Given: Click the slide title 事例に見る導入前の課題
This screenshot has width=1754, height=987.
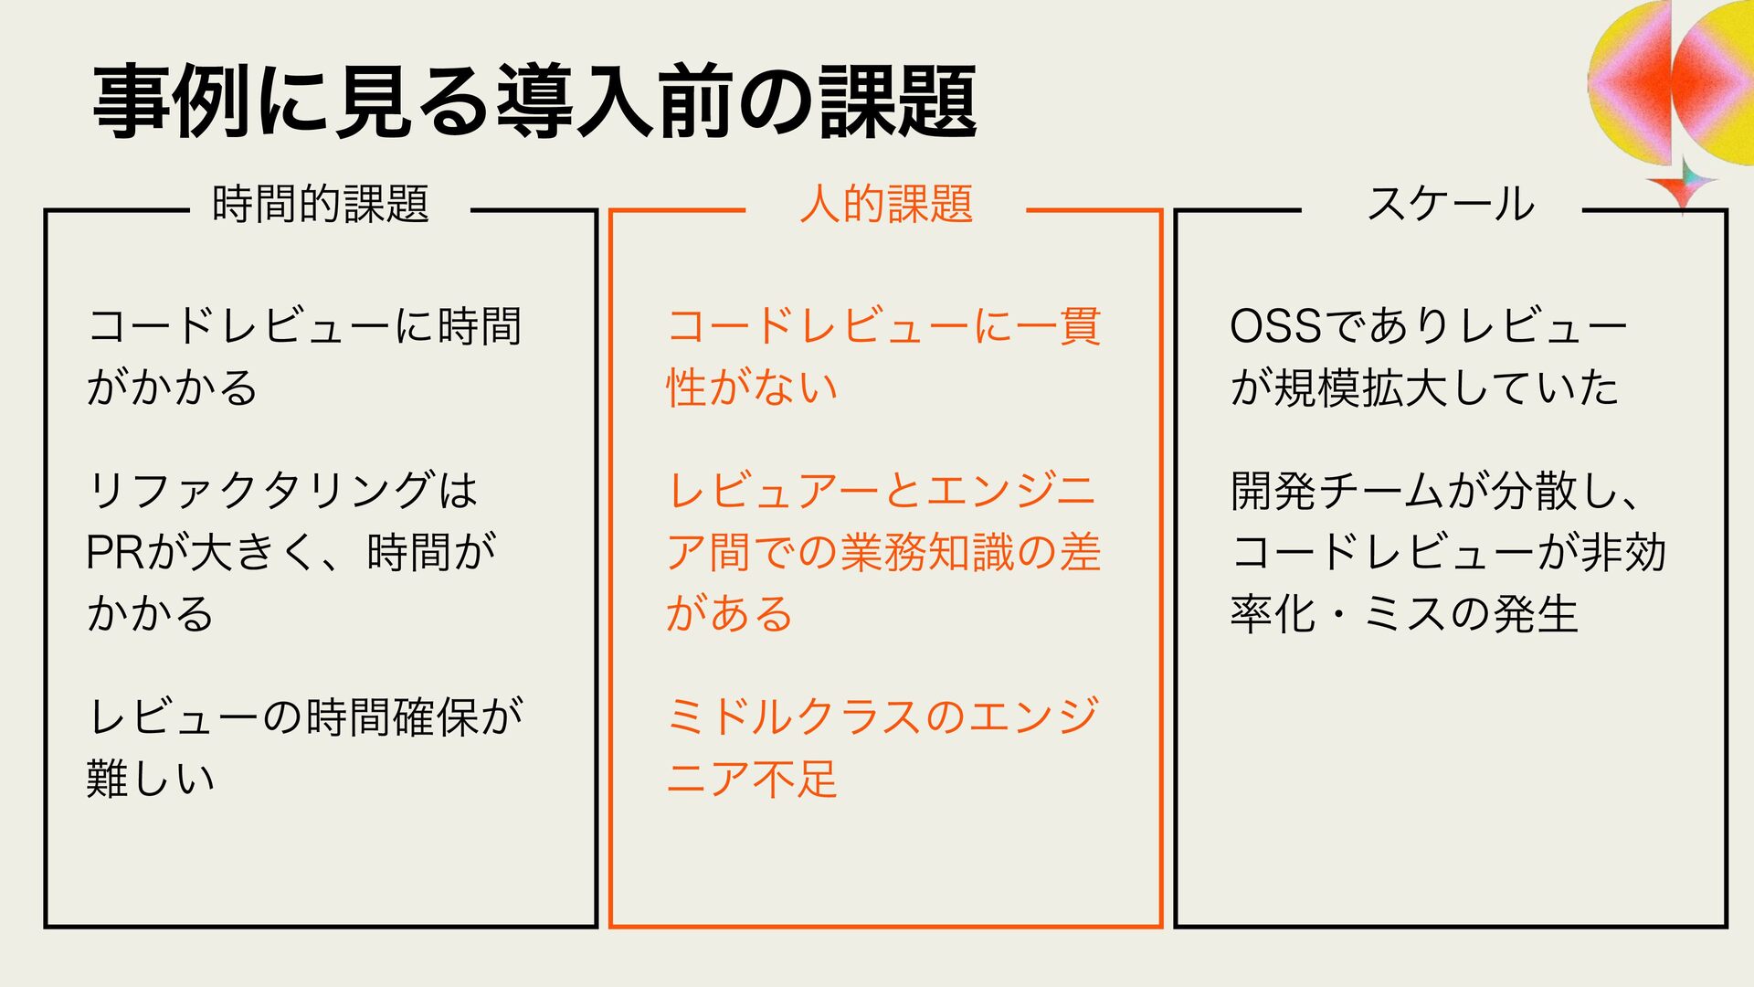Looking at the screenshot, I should (535, 102).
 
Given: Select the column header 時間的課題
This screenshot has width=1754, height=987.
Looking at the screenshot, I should (321, 203).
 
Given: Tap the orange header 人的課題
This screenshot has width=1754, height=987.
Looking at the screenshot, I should (885, 203).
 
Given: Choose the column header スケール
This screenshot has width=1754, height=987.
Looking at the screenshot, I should (1450, 203).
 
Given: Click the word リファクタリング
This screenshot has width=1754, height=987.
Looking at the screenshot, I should (259, 491).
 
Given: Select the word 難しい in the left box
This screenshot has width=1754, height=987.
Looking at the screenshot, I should (151, 778).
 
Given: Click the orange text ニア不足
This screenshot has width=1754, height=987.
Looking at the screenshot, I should (752, 778).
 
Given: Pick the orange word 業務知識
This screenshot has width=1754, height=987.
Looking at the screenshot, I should (926, 552).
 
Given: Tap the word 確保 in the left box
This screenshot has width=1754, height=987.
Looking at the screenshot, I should (437, 716).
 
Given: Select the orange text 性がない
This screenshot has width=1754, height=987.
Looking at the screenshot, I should (752, 387).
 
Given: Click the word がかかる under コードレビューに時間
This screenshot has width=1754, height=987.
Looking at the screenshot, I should (172, 387).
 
